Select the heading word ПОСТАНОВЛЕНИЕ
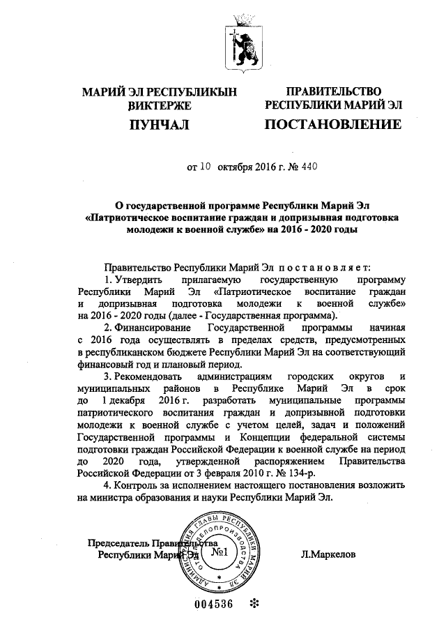click(x=332, y=126)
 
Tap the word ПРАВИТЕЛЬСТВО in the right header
click(x=332, y=92)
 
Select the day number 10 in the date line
click(x=206, y=167)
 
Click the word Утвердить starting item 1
click(x=139, y=279)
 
